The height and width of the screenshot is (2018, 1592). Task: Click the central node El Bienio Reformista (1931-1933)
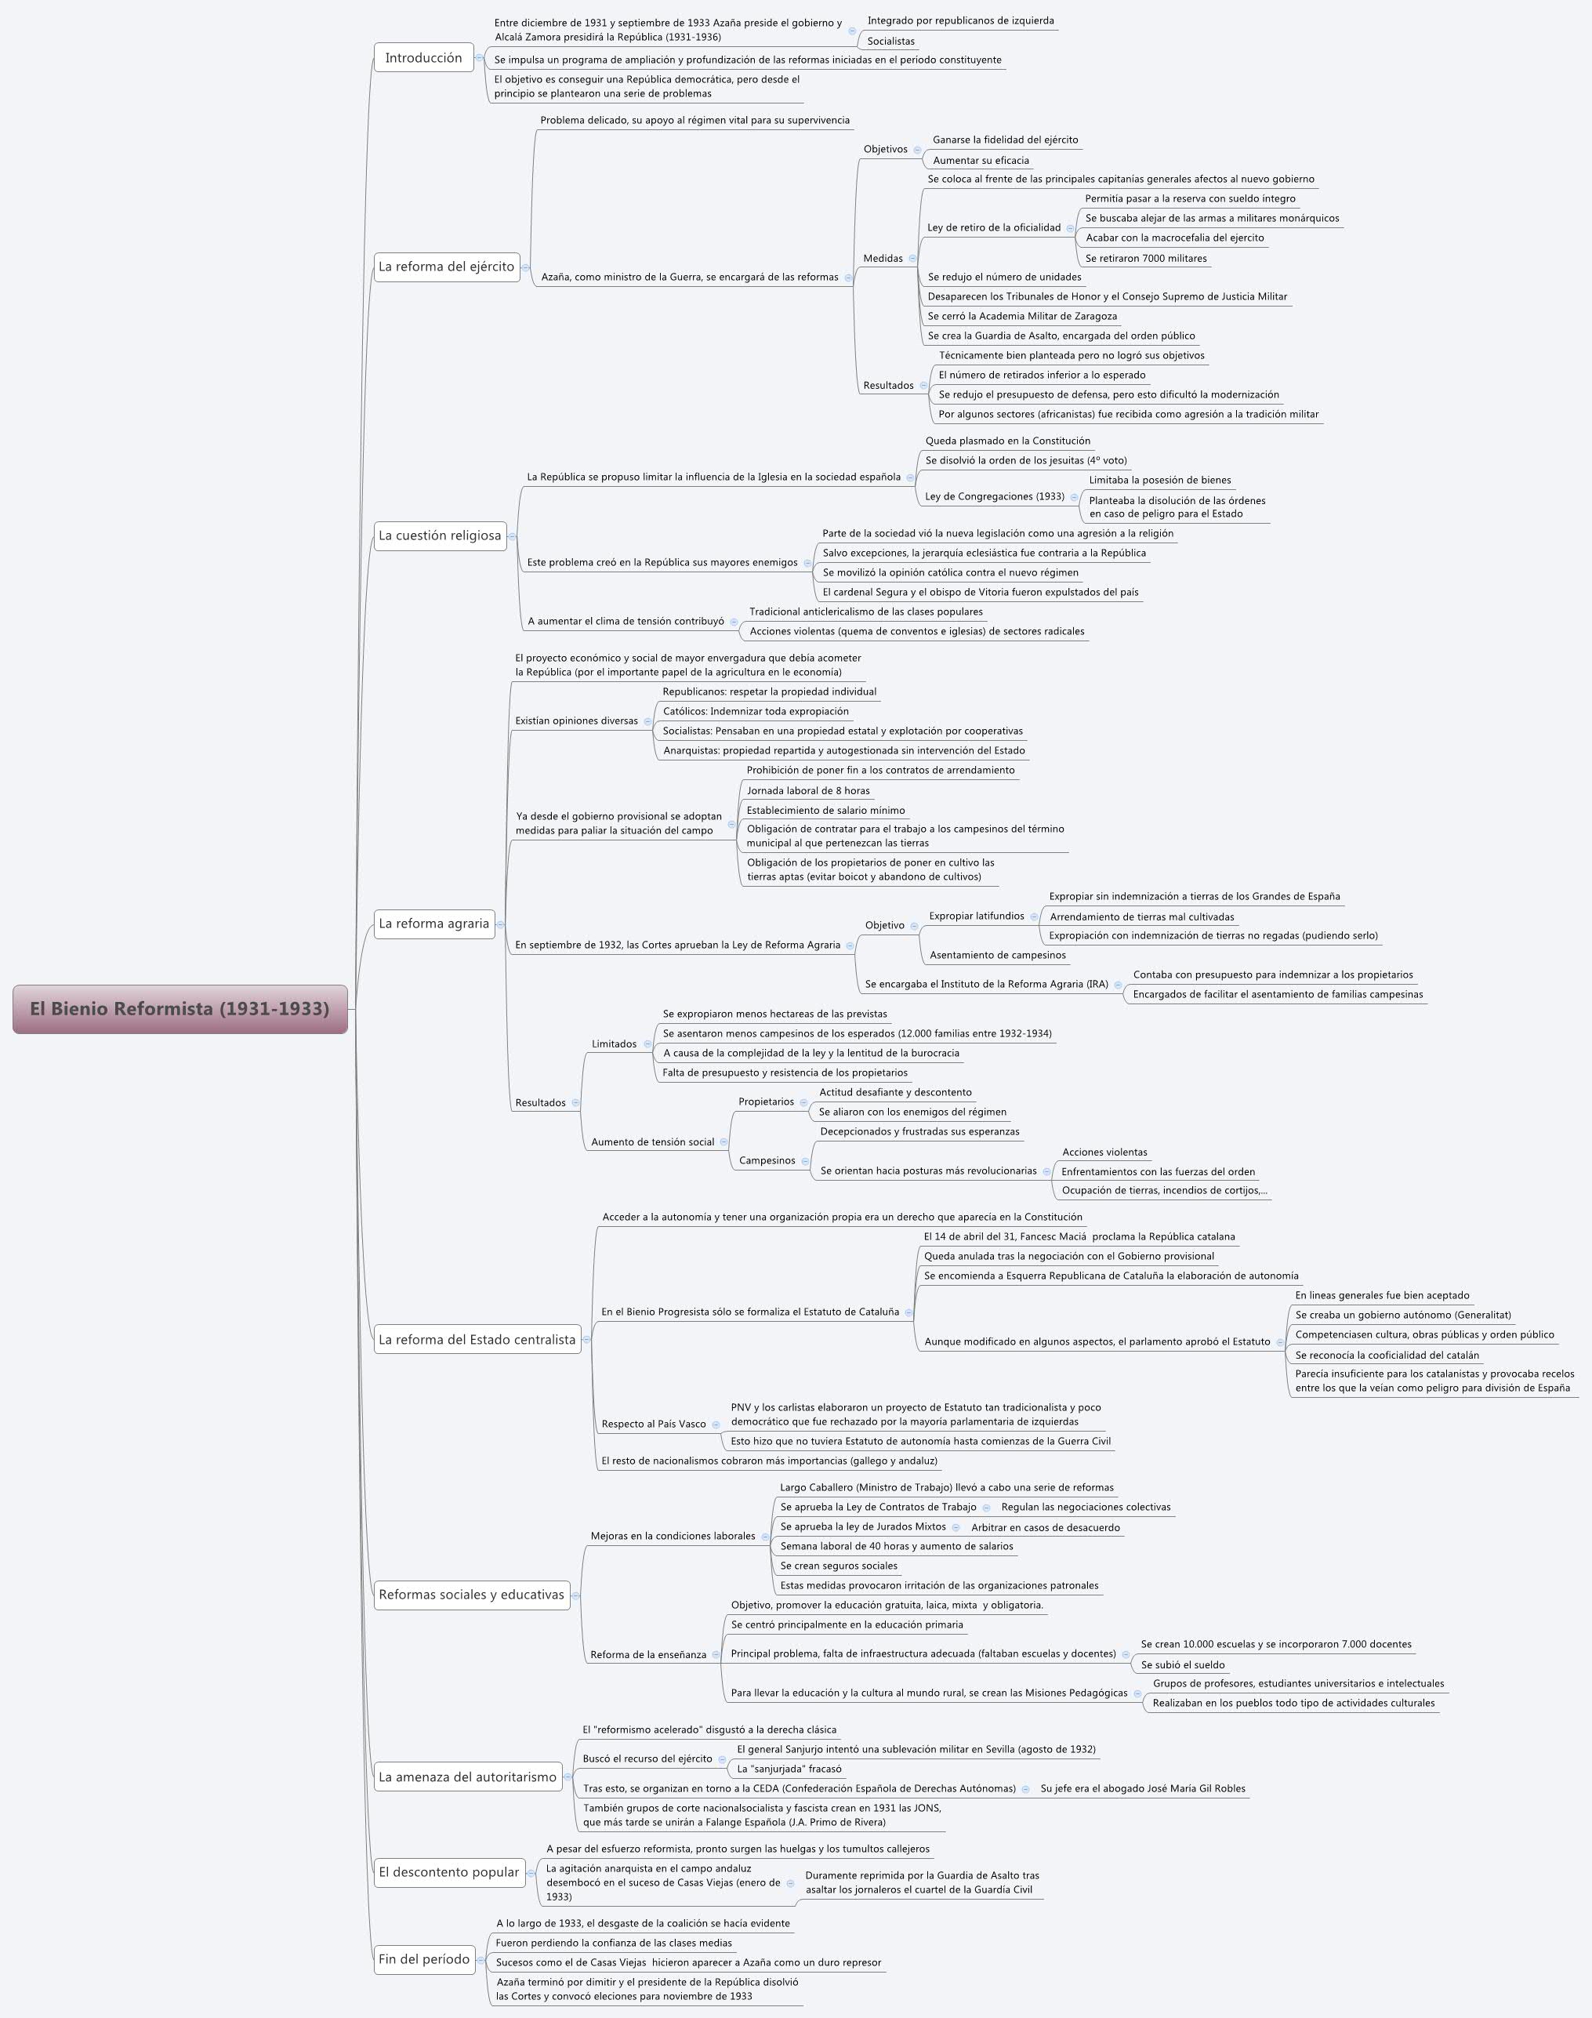(180, 1008)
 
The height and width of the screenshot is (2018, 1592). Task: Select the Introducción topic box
(423, 58)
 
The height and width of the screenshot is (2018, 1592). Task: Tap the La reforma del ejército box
(447, 267)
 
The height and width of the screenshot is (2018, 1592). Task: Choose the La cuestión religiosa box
(440, 536)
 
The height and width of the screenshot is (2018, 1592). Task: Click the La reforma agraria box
(433, 924)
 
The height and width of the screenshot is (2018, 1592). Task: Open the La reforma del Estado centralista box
(477, 1339)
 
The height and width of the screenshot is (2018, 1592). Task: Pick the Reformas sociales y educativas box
(471, 1595)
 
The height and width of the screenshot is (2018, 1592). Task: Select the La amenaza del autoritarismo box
(467, 1777)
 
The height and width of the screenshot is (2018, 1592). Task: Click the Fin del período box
(424, 1959)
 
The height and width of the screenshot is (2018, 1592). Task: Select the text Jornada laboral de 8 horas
(808, 791)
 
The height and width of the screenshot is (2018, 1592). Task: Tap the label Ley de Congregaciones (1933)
(995, 497)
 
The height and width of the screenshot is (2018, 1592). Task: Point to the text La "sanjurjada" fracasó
(789, 1769)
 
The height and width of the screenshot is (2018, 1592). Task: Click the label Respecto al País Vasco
(654, 1425)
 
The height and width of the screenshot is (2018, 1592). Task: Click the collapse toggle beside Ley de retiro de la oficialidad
(1070, 228)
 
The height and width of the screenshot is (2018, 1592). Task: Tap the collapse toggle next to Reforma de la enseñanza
(716, 1656)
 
